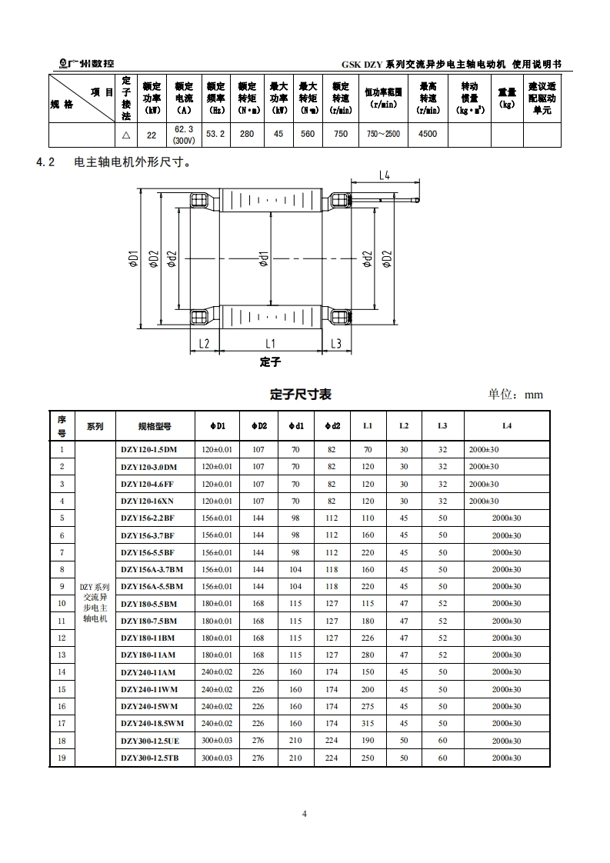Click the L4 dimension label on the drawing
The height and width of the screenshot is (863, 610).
click(385, 175)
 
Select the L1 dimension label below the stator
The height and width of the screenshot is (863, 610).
click(270, 344)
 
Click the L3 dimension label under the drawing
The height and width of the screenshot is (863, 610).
click(336, 344)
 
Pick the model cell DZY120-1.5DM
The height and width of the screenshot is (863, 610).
click(148, 449)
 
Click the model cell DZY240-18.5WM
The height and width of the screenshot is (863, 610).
click(152, 723)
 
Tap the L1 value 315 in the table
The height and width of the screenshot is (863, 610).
click(368, 723)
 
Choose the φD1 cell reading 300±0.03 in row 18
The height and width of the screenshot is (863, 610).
click(216, 741)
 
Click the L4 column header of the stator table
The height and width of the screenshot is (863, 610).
click(507, 425)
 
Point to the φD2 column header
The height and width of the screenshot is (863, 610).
click(258, 425)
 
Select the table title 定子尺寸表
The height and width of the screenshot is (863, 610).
click(301, 394)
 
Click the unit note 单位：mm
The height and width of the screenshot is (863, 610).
click(515, 395)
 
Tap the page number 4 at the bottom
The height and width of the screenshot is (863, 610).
click(305, 814)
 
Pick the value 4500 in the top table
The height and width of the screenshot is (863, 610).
click(428, 134)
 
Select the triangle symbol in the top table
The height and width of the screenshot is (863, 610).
click(126, 134)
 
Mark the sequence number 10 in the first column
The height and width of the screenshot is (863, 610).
click(62, 604)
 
